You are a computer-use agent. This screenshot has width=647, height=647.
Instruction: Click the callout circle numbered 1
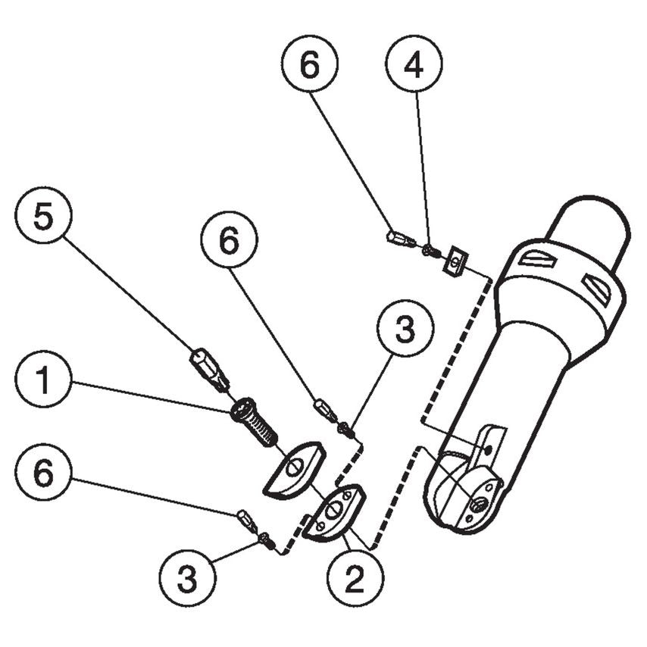click(44, 381)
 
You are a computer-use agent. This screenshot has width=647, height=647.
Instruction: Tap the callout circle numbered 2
click(355, 580)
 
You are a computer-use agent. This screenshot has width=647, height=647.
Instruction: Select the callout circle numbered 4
click(414, 64)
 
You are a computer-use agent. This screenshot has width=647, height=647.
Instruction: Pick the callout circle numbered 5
click(44, 220)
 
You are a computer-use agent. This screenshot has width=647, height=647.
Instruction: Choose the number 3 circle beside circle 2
click(187, 580)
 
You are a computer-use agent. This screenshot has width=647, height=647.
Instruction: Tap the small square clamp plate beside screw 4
click(455, 262)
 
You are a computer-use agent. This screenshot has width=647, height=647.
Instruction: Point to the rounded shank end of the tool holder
click(591, 227)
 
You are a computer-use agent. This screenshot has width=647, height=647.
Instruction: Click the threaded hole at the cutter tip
click(478, 502)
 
